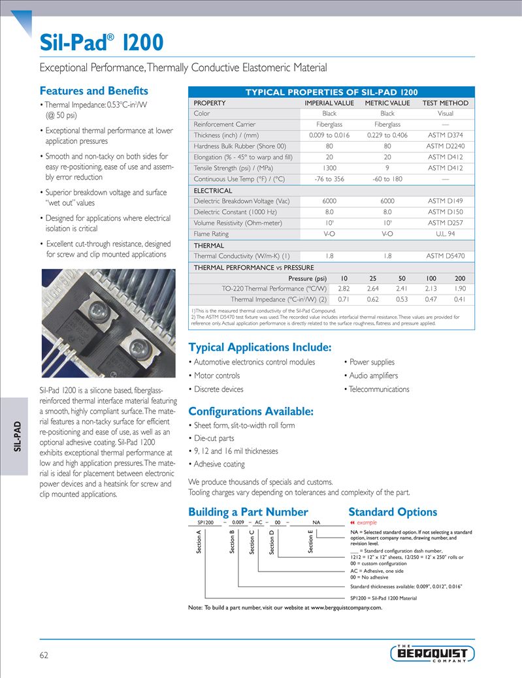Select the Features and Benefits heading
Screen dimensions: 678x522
[94, 91]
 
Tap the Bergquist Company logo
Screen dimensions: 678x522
[432, 653]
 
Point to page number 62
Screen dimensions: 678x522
[44, 655]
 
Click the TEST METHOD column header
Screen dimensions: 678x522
[445, 103]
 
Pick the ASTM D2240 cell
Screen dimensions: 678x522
[445, 146]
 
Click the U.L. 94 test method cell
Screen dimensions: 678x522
[445, 234]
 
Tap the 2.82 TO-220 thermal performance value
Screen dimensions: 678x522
[344, 288]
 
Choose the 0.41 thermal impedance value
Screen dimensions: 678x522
[459, 299]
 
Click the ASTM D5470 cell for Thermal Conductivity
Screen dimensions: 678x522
[445, 256]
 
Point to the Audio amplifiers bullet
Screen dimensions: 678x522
[373, 376]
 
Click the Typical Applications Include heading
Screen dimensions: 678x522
[260, 347]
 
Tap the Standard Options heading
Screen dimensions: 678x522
[393, 512]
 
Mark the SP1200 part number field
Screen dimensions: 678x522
[205, 523]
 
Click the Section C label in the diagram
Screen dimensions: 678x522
[252, 543]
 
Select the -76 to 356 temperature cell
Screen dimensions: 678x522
[329, 179]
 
